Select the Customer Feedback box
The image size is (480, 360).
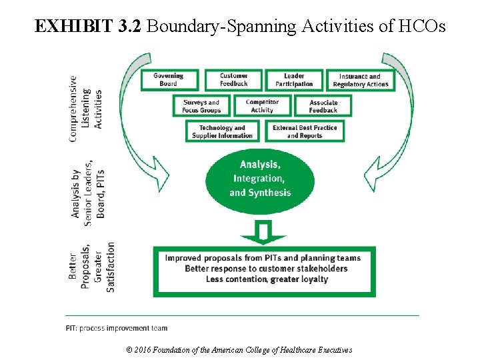pyautogui.click(x=233, y=80)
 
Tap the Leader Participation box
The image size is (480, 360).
pyautogui.click(x=294, y=80)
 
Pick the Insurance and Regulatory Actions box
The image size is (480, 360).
pyautogui.click(x=360, y=80)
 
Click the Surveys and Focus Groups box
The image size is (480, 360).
pyautogui.click(x=202, y=106)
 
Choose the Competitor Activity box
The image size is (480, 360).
pyautogui.click(x=263, y=106)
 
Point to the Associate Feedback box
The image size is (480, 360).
pyautogui.click(x=323, y=106)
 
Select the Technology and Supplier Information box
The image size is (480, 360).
pyautogui.click(x=222, y=131)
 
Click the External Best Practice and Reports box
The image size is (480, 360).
pyautogui.click(x=305, y=131)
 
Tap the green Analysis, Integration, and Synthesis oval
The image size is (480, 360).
pyautogui.click(x=260, y=178)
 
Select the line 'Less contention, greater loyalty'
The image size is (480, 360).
pyautogui.click(x=267, y=279)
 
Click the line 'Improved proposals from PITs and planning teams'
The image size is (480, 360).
pyautogui.click(x=263, y=258)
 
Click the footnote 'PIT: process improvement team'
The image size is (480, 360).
pyautogui.click(x=117, y=328)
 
